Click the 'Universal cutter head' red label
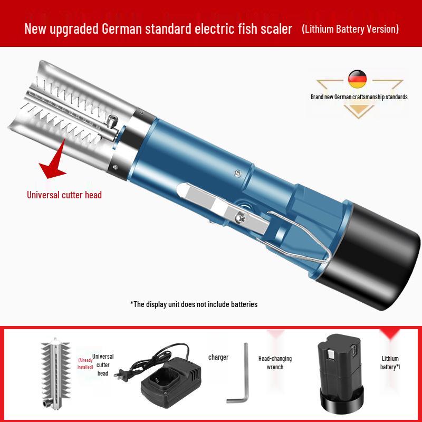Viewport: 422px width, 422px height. click(x=64, y=195)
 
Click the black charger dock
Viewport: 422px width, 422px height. click(x=166, y=385)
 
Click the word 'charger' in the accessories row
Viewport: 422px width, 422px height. click(x=218, y=357)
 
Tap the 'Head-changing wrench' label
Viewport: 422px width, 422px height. click(x=275, y=363)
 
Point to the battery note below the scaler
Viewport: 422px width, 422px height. click(x=194, y=304)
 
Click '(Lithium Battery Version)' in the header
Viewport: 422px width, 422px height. click(x=350, y=28)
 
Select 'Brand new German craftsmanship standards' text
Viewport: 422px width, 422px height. click(x=359, y=98)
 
